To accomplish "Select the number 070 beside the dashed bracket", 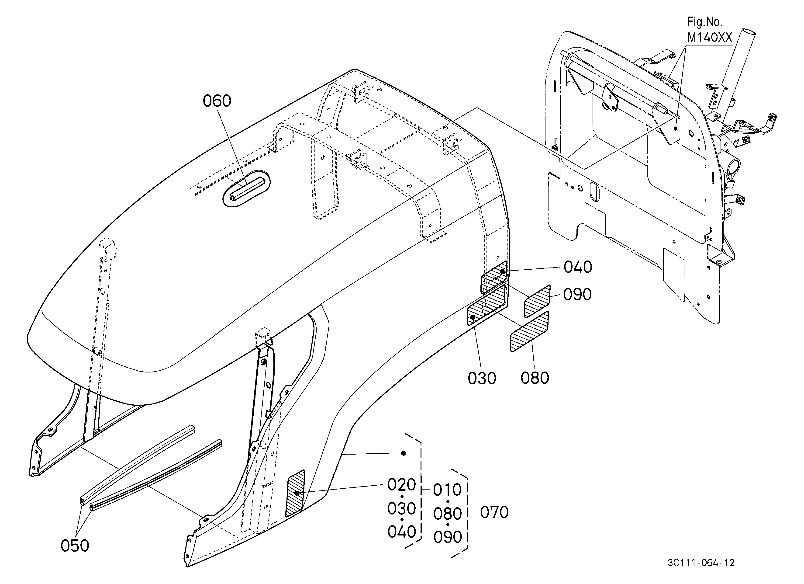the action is tap(494, 512).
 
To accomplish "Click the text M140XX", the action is tap(709, 37).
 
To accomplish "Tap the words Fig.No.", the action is tap(705, 22).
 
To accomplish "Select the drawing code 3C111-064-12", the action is tap(701, 563).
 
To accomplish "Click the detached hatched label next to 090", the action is tap(537, 301).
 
